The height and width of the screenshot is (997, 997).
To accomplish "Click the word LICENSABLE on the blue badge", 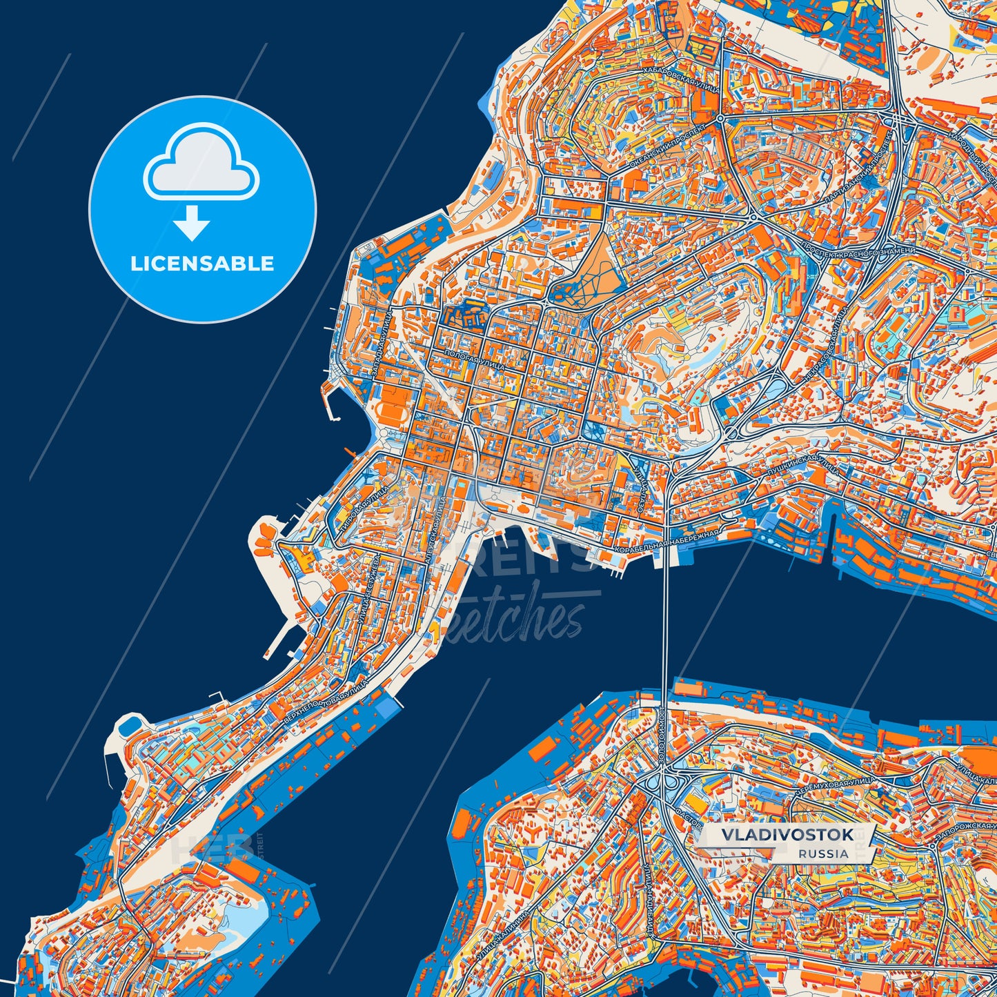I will [x=202, y=264].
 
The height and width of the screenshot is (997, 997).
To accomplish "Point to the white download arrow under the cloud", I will [x=192, y=222].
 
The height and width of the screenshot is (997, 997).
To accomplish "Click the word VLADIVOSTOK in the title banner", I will [x=787, y=835].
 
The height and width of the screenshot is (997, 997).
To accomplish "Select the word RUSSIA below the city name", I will [x=824, y=853].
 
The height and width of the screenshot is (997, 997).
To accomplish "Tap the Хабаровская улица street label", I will [x=680, y=80].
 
